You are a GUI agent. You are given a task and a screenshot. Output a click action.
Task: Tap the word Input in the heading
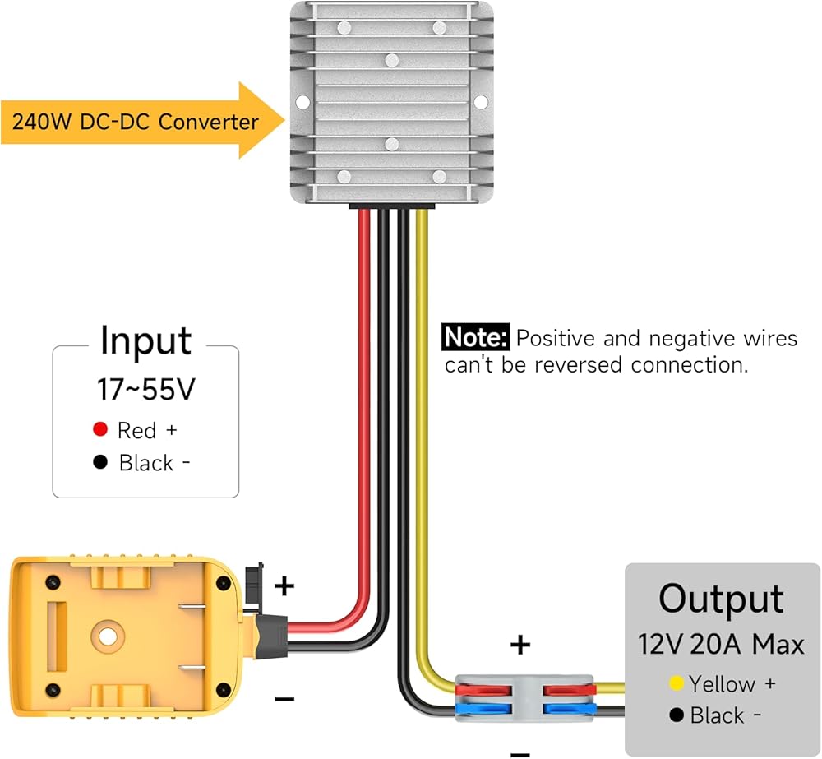click(145, 341)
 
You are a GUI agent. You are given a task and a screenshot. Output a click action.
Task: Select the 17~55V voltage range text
click(145, 390)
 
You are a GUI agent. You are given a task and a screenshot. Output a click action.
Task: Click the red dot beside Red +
click(100, 429)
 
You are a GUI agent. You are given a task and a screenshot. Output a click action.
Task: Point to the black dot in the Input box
click(100, 462)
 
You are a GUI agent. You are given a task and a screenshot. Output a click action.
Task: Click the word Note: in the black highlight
click(476, 338)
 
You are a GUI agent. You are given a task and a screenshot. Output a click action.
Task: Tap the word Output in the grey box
click(721, 599)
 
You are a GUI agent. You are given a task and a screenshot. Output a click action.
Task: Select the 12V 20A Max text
click(721, 644)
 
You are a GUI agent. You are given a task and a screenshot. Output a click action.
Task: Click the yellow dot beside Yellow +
click(677, 683)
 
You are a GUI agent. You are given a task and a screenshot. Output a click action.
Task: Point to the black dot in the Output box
click(677, 715)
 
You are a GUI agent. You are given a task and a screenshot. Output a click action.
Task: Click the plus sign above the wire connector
click(520, 645)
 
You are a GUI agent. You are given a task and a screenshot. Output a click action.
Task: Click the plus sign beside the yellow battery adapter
click(284, 586)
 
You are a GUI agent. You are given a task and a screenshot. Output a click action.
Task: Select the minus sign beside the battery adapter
click(284, 699)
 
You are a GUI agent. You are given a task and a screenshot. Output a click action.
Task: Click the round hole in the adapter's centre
click(105, 636)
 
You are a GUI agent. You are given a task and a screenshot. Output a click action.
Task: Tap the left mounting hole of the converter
click(302, 103)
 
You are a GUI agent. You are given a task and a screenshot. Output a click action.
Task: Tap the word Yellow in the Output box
click(722, 683)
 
